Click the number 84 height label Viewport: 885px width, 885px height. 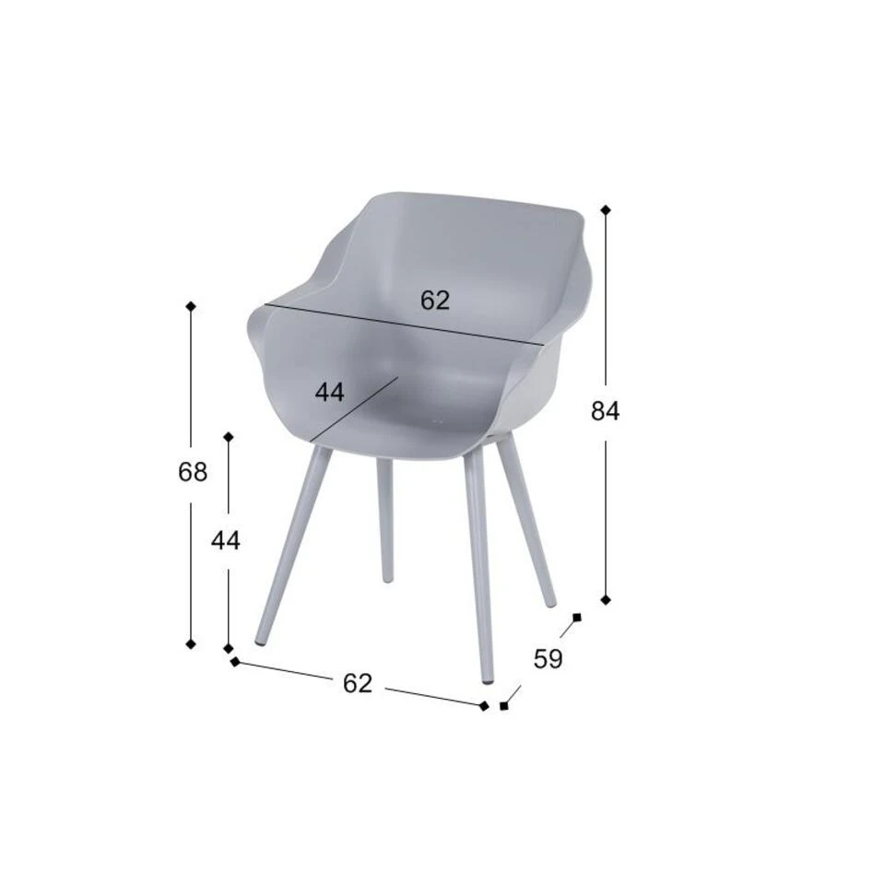pos(605,411)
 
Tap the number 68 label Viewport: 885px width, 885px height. pos(193,472)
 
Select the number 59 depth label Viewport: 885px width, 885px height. pos(548,659)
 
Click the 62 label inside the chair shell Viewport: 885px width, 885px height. pos(435,301)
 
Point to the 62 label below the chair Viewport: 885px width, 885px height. pos(358,683)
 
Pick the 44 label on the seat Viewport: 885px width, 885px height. pos(329,392)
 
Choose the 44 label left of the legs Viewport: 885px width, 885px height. pos(226,541)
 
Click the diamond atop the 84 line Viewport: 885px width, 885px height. pos(606,210)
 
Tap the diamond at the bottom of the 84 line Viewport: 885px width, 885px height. pos(606,599)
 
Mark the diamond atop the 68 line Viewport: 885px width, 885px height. pos(191,306)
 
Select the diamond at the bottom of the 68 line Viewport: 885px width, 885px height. pos(191,643)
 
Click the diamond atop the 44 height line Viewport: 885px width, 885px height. pos(229,436)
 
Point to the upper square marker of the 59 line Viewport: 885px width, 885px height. pos(577,617)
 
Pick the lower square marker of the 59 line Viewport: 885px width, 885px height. pos(503,706)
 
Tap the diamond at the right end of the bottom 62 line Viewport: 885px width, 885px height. pos(484,706)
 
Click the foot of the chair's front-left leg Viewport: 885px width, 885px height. pos(261,638)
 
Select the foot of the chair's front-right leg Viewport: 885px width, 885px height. pos(488,678)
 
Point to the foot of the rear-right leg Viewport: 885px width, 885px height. pos(550,602)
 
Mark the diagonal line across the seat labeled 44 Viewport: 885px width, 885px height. pos(354,409)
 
